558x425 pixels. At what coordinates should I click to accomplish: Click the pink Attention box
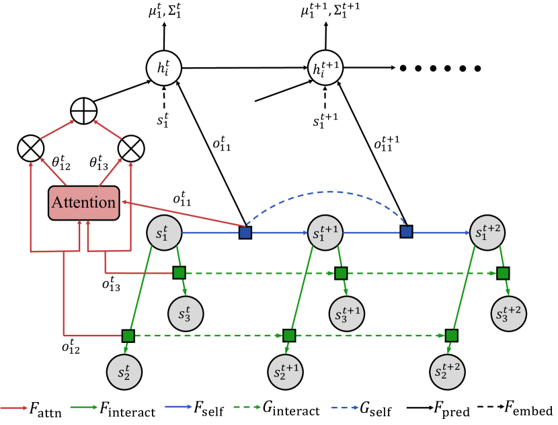pyautogui.click(x=83, y=202)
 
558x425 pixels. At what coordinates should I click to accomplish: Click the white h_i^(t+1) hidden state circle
pyautogui.click(x=326, y=68)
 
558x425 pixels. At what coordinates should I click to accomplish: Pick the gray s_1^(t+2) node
pyautogui.click(x=487, y=233)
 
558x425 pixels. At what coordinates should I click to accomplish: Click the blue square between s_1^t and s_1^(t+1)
pyautogui.click(x=245, y=233)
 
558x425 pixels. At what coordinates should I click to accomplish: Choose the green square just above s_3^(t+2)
pyautogui.click(x=503, y=273)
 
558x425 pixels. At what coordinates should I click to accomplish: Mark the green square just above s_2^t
pyautogui.click(x=128, y=335)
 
